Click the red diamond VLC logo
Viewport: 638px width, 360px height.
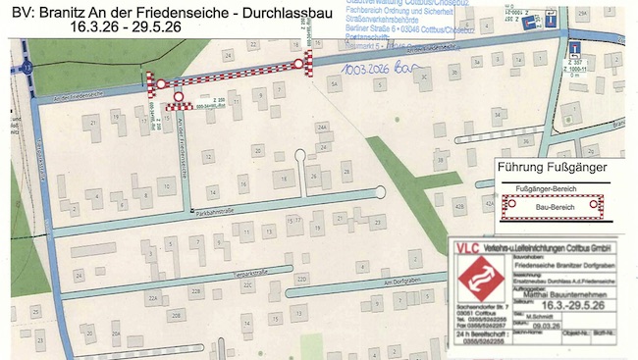coord(479,277)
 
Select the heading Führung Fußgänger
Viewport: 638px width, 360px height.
coord(554,167)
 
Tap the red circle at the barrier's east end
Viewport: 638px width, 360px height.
coord(298,64)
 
